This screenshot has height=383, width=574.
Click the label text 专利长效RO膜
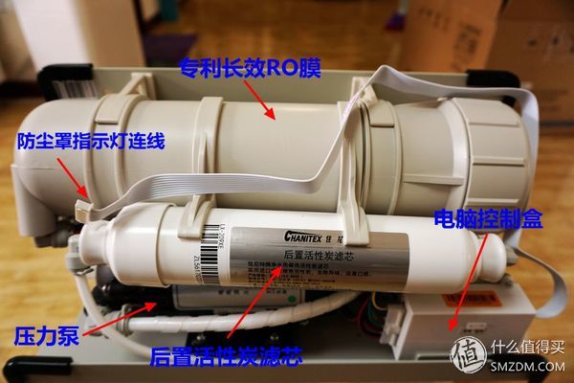tap(252, 67)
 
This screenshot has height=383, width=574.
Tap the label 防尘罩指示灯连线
tap(92, 142)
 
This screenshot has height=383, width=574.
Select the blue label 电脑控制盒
tap(488, 219)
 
